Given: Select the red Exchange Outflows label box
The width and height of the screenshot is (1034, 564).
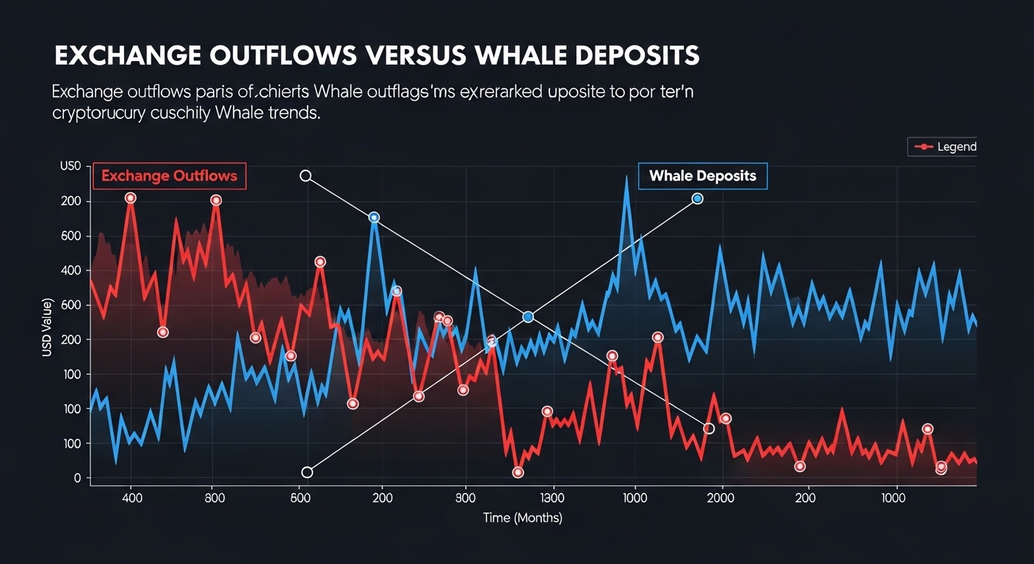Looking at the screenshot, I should point(170,176).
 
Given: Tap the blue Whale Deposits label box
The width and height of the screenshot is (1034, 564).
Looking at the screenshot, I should point(703,176).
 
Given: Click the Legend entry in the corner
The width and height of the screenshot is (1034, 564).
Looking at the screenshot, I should point(944,147).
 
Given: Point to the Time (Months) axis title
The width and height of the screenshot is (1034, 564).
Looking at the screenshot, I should point(523,518).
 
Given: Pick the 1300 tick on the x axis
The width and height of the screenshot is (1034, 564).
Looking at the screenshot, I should point(552,497).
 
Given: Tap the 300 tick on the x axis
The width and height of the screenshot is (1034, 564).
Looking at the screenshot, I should point(466,497).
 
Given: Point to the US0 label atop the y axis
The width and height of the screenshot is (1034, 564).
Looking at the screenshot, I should point(69,167).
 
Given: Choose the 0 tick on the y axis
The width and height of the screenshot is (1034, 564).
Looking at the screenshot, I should point(76,478).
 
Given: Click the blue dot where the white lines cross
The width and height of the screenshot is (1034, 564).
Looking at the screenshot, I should point(527,317).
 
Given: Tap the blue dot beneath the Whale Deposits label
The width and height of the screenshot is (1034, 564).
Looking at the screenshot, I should point(698,198).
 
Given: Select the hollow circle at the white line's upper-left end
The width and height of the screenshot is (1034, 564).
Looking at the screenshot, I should point(305,176).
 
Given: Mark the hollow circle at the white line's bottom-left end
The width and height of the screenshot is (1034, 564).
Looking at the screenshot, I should point(307,472).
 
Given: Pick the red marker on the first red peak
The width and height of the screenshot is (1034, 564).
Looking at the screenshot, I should point(131,198).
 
